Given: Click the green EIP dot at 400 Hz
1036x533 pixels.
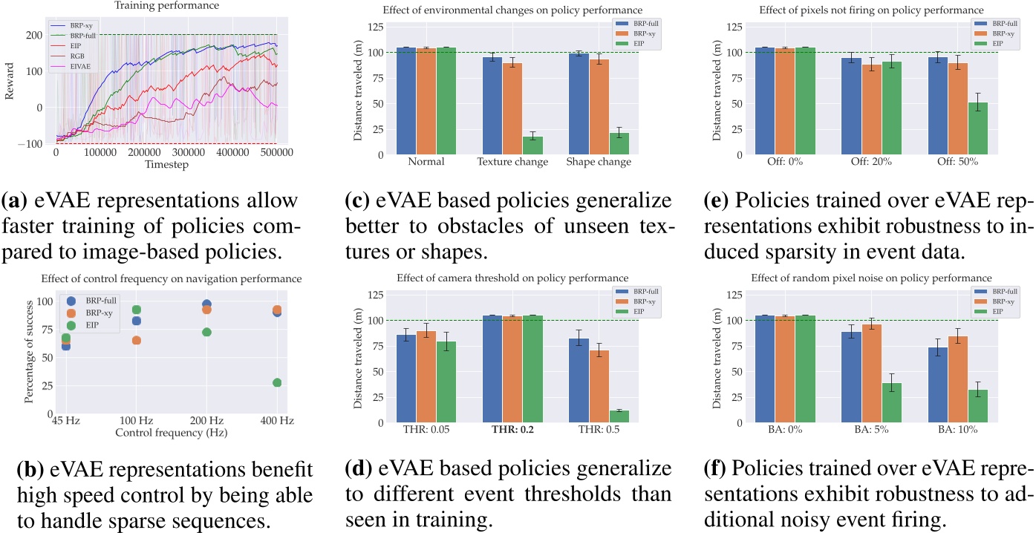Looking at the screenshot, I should (x=277, y=382).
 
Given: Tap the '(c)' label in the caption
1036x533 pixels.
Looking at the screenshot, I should (x=361, y=200).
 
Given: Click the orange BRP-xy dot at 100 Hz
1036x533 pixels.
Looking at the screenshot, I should (x=136, y=340).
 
